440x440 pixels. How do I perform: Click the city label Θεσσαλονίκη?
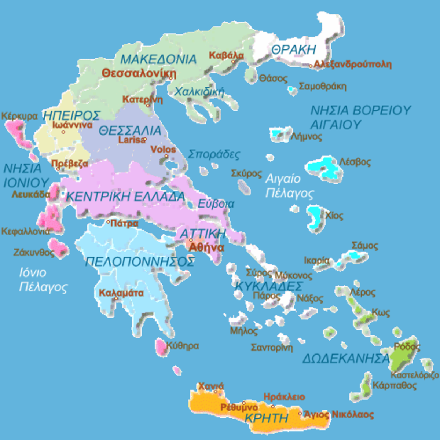click(x=139, y=73)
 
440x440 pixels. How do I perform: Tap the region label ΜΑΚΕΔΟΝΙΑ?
click(x=158, y=59)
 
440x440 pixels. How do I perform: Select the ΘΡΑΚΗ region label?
click(x=294, y=49)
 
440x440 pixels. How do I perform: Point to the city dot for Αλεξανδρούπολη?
click(x=311, y=66)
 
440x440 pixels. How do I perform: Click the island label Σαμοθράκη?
click(x=322, y=87)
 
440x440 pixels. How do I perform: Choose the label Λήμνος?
click(x=306, y=137)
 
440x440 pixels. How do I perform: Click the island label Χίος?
click(x=334, y=216)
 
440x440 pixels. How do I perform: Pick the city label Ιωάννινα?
click(x=73, y=125)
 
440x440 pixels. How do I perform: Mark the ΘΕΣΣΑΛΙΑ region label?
click(x=130, y=131)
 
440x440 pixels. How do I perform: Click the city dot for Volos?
click(x=166, y=156)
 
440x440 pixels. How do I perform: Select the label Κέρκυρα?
click(x=19, y=116)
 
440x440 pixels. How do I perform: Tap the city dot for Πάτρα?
click(x=108, y=222)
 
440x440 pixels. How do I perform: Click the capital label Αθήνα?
click(x=206, y=247)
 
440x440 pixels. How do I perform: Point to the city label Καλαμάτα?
click(x=121, y=293)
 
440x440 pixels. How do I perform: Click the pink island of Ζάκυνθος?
click(x=58, y=247)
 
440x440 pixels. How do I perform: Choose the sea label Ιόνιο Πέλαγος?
click(x=43, y=280)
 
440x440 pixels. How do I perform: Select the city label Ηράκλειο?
click(x=284, y=397)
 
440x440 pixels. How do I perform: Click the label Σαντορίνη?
click(x=272, y=347)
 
